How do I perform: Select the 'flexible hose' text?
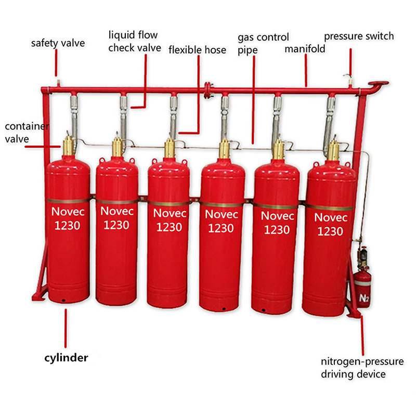(x=197, y=50)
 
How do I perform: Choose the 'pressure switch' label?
(x=359, y=36)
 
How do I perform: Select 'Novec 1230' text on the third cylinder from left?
(x=168, y=220)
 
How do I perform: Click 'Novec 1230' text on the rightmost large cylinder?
(x=331, y=224)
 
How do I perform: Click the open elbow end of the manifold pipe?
(x=379, y=83)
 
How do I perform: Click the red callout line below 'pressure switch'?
(x=350, y=61)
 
